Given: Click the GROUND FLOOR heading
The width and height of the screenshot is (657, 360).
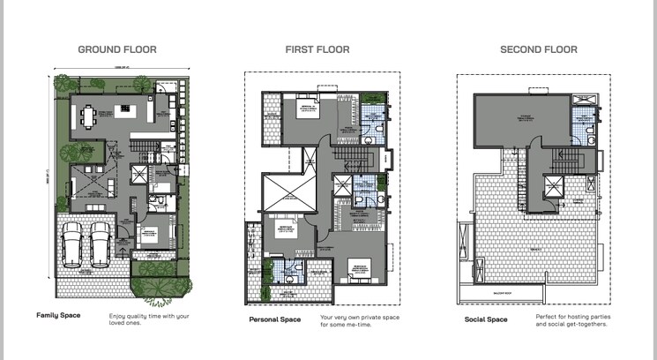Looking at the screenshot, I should click(x=117, y=49).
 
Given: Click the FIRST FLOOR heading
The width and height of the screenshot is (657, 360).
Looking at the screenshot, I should click(x=317, y=49).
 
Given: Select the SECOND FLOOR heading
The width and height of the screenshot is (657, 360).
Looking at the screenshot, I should click(x=538, y=49).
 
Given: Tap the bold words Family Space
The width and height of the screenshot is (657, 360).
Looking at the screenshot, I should click(x=59, y=315).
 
